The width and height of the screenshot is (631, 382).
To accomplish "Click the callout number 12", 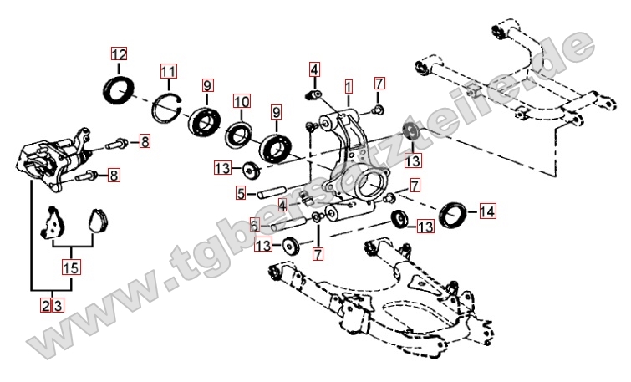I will click(120, 55).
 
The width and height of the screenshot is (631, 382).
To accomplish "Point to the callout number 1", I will click(348, 86).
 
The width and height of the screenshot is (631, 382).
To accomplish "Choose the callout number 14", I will click(487, 212).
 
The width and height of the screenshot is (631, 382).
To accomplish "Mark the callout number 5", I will click(240, 194).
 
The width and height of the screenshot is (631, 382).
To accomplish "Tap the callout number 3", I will click(58, 305).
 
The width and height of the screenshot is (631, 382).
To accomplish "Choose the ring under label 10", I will click(241, 132).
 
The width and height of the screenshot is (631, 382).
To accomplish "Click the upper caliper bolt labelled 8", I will click(119, 143).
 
